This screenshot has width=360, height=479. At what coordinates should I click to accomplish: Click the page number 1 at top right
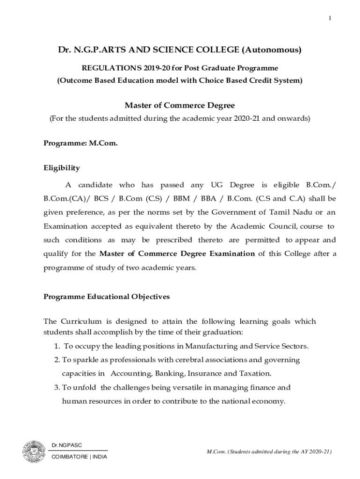pyautogui.click(x=330, y=18)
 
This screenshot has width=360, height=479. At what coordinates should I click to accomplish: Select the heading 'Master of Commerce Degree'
pyautogui.click(x=180, y=105)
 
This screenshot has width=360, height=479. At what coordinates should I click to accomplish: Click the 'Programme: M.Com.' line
pyautogui.click(x=80, y=144)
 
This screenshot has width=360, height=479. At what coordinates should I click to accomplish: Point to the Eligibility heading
pyautogui.click(x=62, y=168)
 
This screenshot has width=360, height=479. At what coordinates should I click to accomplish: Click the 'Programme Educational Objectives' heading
pyautogui.click(x=107, y=297)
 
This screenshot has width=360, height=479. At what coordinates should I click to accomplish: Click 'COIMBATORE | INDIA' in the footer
pyautogui.click(x=79, y=457)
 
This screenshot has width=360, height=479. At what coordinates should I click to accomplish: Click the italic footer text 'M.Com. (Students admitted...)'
pyautogui.click(x=269, y=451)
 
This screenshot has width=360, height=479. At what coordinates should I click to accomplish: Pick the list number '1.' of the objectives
pyautogui.click(x=56, y=347)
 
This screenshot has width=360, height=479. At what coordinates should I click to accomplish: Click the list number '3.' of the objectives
pyautogui.click(x=57, y=387)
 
